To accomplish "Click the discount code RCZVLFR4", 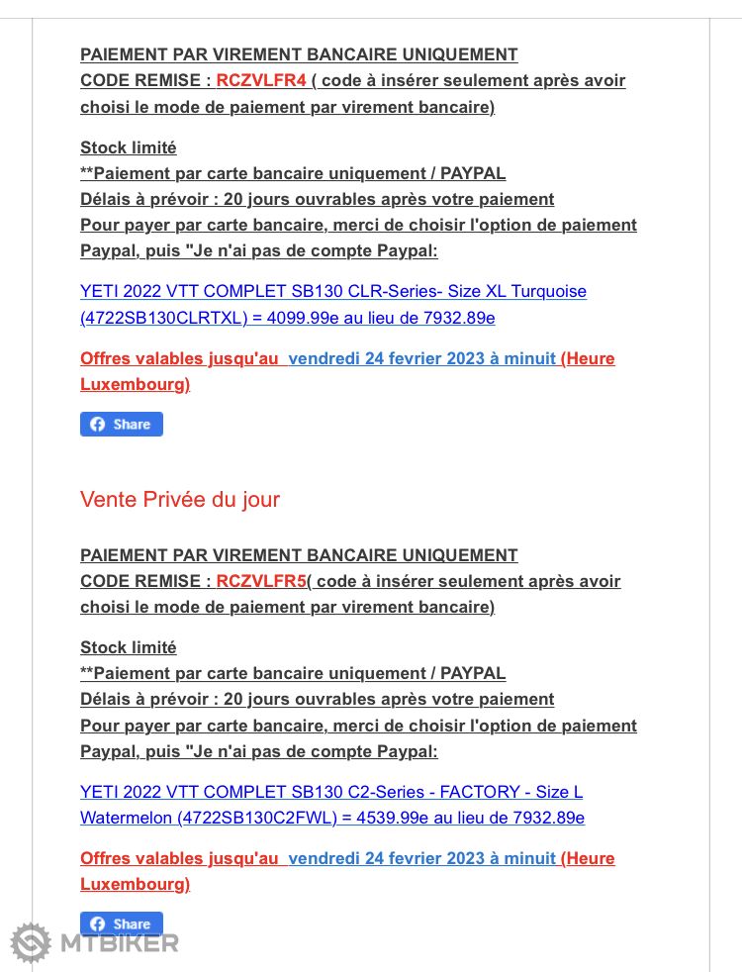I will (x=261, y=81).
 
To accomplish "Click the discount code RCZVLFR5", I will (x=261, y=581).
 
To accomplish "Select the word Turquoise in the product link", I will (x=549, y=292).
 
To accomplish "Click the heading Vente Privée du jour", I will (x=180, y=500).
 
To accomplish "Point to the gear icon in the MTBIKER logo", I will (x=31, y=942).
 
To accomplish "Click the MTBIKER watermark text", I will (x=120, y=943).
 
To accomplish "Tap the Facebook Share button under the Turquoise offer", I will (x=122, y=425).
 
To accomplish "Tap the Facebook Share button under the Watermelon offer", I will (x=122, y=924).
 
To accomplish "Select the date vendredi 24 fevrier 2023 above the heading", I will (x=421, y=358).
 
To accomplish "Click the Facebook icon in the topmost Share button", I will (x=98, y=425).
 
